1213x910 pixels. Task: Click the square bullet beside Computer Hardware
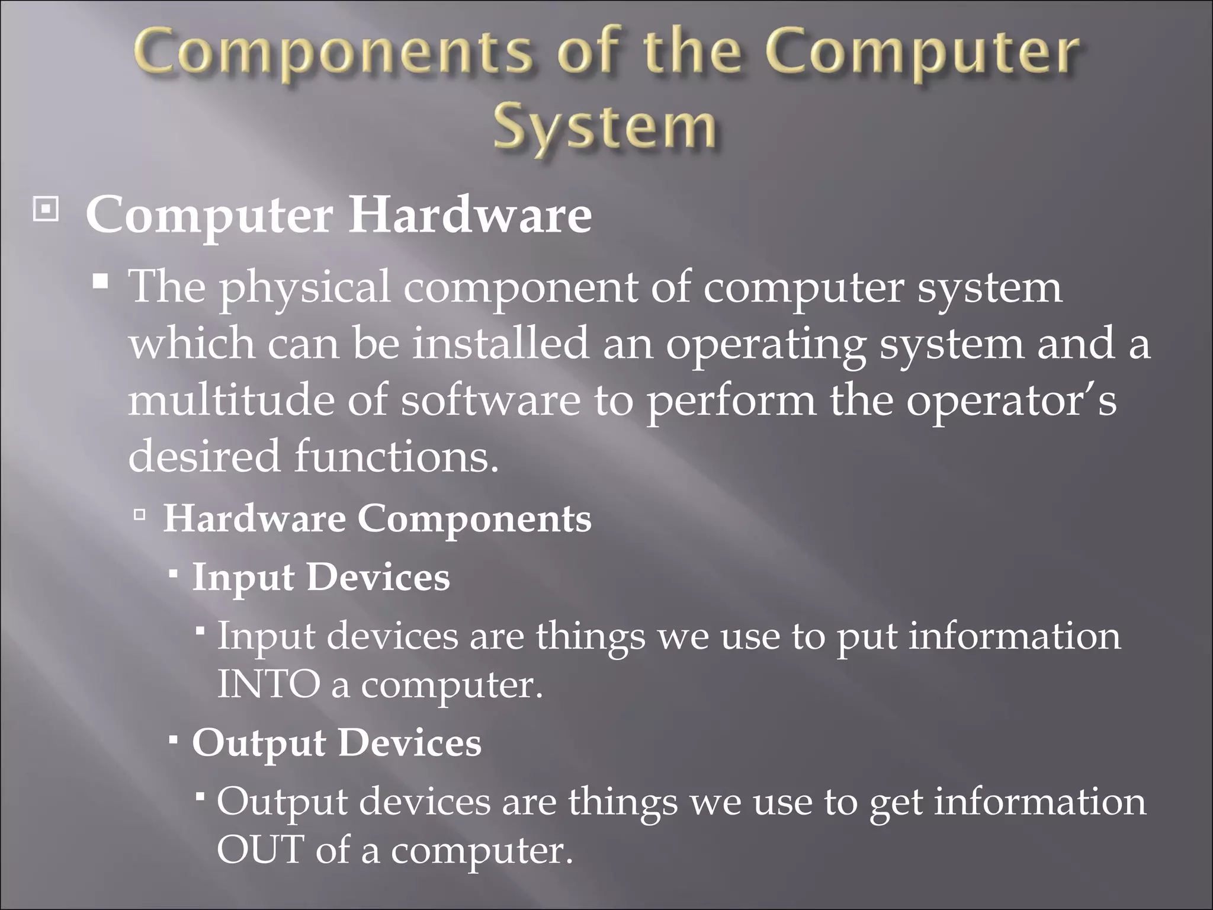coord(46,210)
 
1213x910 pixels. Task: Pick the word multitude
coord(230,400)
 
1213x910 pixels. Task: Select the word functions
coord(396,457)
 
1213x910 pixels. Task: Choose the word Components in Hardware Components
coord(474,519)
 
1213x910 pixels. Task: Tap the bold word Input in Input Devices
coord(243,578)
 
